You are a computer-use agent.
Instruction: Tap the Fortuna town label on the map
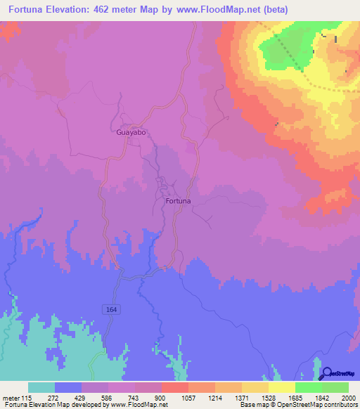pos(178,201)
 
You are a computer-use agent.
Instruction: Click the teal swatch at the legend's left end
pos(41,387)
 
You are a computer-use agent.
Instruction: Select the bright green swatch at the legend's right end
pos(335,387)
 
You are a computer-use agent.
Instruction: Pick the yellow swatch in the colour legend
pos(281,387)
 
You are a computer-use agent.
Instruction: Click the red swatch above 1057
pos(174,387)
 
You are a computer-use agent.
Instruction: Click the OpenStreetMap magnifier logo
pos(326,373)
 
